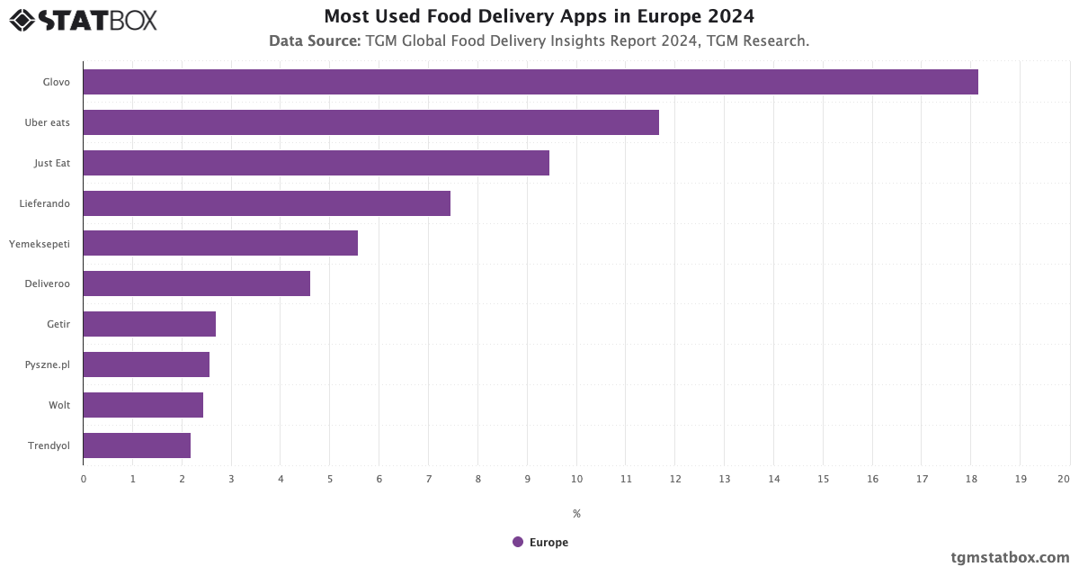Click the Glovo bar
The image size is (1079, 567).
click(x=531, y=82)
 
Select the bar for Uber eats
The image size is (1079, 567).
click(x=370, y=122)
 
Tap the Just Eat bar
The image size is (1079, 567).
click(x=316, y=163)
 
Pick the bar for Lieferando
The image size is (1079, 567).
click(x=266, y=203)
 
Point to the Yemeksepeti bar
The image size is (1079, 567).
click(x=220, y=243)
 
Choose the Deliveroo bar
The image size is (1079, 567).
click(x=196, y=283)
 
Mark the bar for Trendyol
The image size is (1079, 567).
click(x=137, y=445)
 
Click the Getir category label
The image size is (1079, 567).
click(x=58, y=324)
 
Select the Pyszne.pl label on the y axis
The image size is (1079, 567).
click(x=48, y=364)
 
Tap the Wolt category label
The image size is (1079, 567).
click(x=59, y=405)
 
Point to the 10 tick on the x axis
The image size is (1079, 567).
click(x=576, y=479)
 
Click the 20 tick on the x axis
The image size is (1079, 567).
click(x=1064, y=479)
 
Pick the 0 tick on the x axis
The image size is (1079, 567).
click(x=84, y=479)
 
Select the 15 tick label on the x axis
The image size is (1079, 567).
click(x=823, y=479)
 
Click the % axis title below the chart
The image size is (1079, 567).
click(x=576, y=514)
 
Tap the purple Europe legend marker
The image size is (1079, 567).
click(x=518, y=542)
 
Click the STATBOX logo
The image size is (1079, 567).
click(x=84, y=20)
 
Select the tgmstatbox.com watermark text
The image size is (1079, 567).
click(x=1010, y=557)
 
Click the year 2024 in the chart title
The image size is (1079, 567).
click(x=729, y=16)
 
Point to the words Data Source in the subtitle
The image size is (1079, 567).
click(x=315, y=41)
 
